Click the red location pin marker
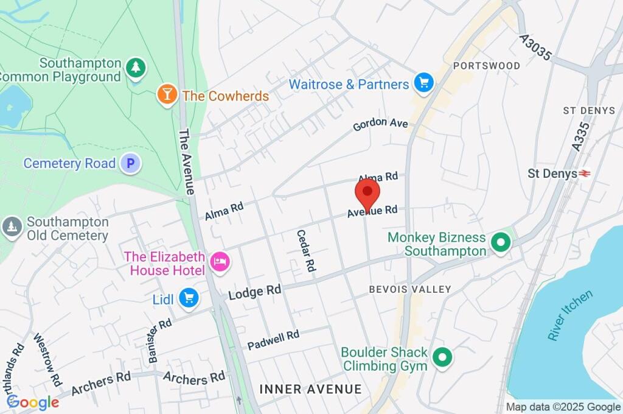[367, 194]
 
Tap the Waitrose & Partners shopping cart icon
[423, 82]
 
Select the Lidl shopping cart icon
[189, 298]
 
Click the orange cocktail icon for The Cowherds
[165, 94]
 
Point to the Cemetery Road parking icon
[130, 163]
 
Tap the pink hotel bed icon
[219, 262]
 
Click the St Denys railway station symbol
[585, 174]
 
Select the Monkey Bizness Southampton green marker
[501, 243]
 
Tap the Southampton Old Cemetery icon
[11, 226]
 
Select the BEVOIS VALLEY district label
[410, 289]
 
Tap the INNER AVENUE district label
[310, 388]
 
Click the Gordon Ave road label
[381, 124]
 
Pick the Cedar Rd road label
[306, 250]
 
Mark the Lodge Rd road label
[254, 292]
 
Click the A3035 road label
[536, 47]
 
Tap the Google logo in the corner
[32, 402]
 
